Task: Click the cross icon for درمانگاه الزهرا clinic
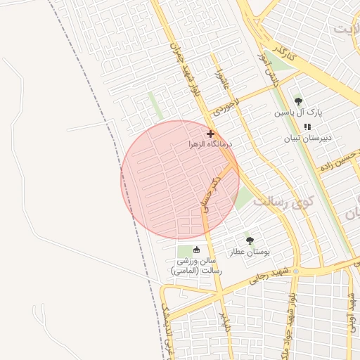pyautogui.click(x=210, y=133)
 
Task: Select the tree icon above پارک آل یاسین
pyautogui.click(x=298, y=101)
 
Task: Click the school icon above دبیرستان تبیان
pyautogui.click(x=307, y=127)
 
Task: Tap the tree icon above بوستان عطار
pyautogui.click(x=250, y=240)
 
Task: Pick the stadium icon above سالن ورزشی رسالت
pyautogui.click(x=196, y=250)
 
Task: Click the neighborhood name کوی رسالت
pyautogui.click(x=282, y=202)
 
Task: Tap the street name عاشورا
pyautogui.click(x=219, y=78)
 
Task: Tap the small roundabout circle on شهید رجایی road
pyautogui.click(x=297, y=271)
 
